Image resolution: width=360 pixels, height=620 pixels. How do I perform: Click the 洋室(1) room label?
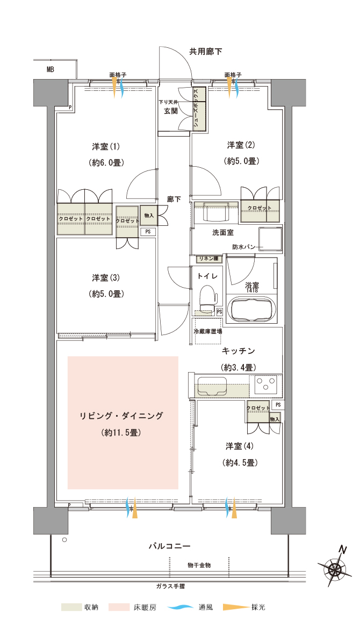click(105, 147)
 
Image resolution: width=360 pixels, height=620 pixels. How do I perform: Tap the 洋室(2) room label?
click(241, 145)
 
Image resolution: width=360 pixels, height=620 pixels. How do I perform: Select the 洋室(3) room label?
click(105, 278)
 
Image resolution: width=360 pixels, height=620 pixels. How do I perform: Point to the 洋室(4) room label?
click(240, 446)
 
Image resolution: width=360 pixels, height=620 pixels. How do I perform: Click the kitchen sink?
click(212, 386)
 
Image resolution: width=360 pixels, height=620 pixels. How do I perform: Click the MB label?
click(50, 69)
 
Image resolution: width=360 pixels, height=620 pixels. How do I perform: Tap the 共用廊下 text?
click(205, 52)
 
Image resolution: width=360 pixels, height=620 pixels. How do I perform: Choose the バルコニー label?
click(170, 546)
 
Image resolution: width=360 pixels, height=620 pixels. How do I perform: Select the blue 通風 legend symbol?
click(180, 607)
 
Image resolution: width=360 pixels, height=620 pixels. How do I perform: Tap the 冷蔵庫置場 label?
click(208, 331)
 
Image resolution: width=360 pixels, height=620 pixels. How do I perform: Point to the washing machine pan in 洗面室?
click(270, 239)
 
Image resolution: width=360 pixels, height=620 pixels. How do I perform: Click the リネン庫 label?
click(208, 259)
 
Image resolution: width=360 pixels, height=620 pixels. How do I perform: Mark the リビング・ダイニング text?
click(121, 416)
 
